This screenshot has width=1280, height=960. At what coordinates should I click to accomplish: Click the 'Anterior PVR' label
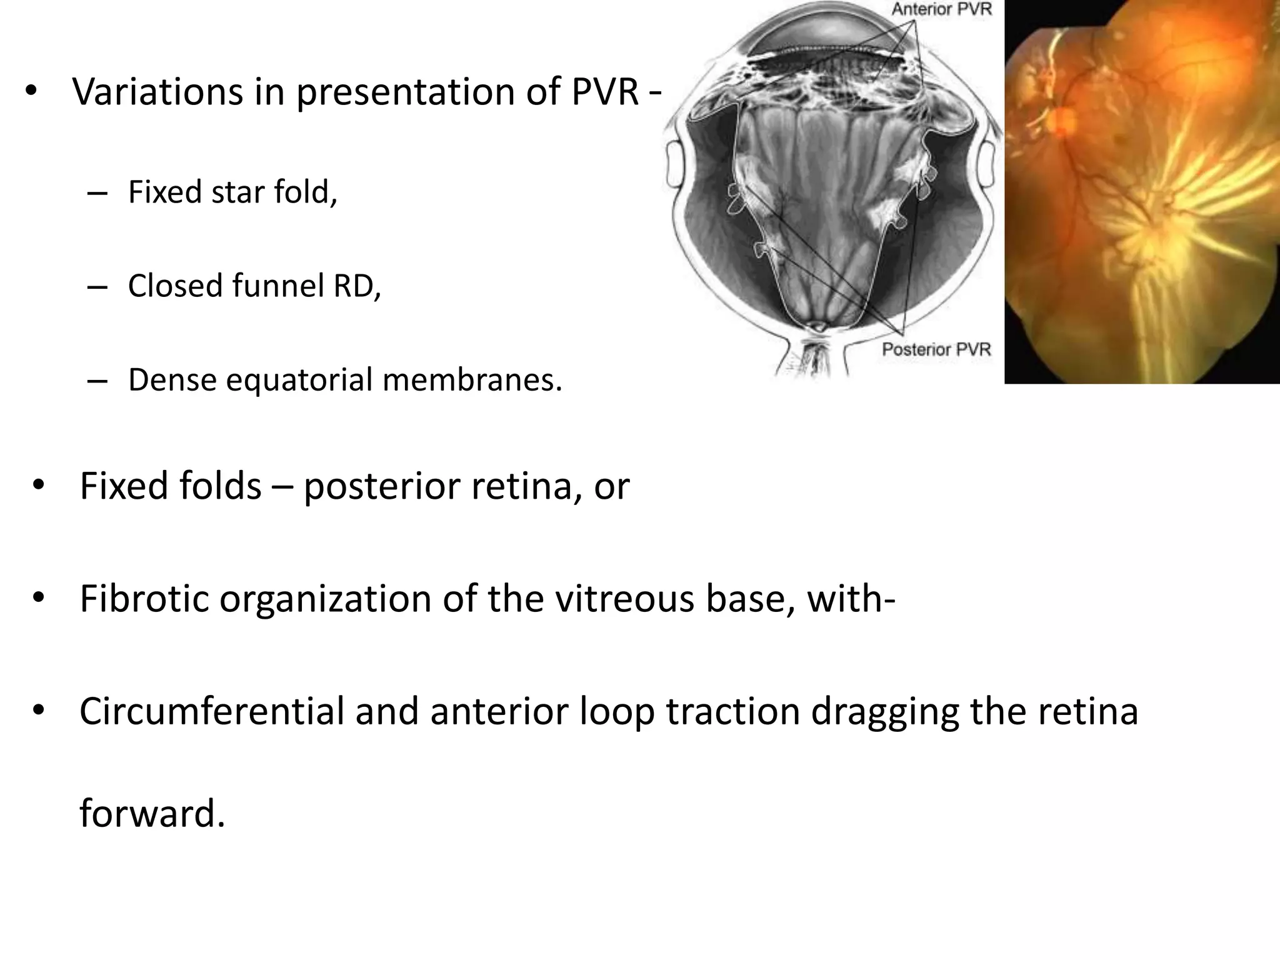(x=941, y=10)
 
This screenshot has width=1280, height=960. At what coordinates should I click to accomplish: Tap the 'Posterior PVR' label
(x=936, y=349)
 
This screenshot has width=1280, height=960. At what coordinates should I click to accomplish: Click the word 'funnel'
(x=278, y=286)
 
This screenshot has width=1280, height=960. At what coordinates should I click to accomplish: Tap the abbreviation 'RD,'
(x=357, y=286)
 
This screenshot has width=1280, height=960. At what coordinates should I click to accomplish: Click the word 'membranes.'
(x=472, y=379)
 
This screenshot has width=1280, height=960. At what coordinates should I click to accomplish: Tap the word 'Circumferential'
(x=212, y=711)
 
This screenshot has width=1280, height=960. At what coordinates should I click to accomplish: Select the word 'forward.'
(x=152, y=814)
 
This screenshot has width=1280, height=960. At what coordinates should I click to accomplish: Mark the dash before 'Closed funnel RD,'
(x=97, y=287)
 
